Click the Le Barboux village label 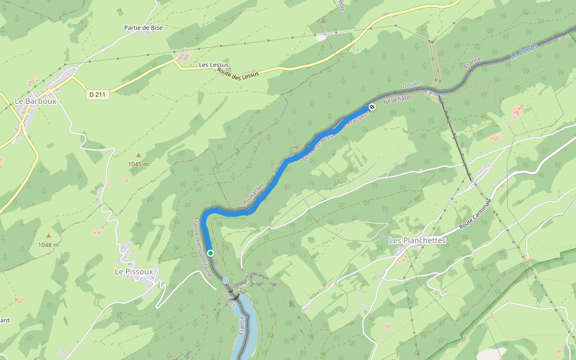pos(36,101)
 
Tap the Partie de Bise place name pos(143,28)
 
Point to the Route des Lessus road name pos(238,73)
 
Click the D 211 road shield pos(98,94)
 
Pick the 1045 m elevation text pos(138,164)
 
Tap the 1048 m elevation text pos(48,245)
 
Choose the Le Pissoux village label pos(134,271)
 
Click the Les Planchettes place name pos(418,240)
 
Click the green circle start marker pos(211,253)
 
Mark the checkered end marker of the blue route pos(372,107)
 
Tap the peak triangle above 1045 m pos(138,155)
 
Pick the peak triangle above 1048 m pos(48,236)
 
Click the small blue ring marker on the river pos(225,280)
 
